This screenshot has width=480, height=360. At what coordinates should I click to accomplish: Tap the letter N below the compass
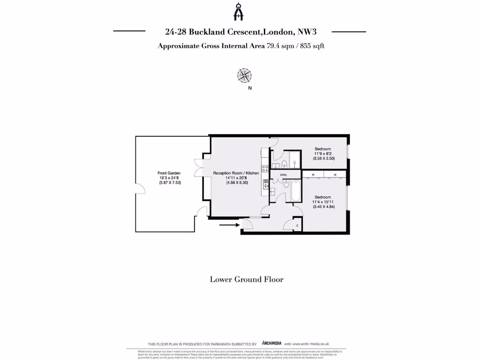click(x=250, y=88)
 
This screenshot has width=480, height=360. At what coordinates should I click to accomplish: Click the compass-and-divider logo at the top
click(x=240, y=12)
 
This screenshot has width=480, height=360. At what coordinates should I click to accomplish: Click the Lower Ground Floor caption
click(x=247, y=279)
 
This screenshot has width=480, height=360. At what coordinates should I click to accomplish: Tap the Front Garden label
click(x=169, y=173)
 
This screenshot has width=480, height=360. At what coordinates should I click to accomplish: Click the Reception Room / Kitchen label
click(x=236, y=173)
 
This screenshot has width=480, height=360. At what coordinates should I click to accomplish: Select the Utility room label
click(x=283, y=175)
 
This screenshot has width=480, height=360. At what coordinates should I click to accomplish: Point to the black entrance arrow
click(x=228, y=225)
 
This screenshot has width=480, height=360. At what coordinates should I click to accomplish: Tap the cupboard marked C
click(x=297, y=225)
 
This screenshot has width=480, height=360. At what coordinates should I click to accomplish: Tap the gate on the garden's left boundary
click(x=139, y=188)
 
